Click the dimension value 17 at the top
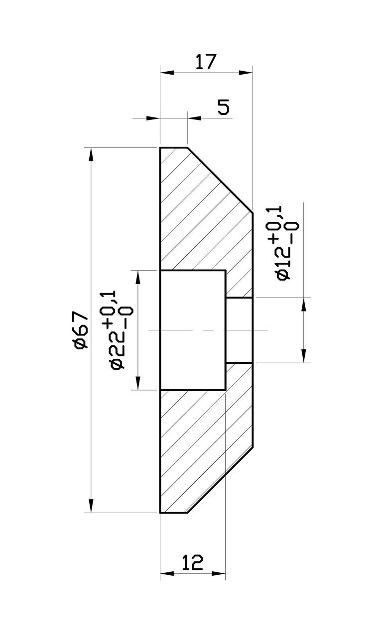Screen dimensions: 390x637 [x=206, y=62]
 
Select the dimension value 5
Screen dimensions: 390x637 [x=224, y=107]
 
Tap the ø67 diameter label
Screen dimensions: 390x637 [x=81, y=330]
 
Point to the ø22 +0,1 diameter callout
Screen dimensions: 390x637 [x=117, y=330]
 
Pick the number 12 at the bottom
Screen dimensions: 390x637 [x=193, y=563]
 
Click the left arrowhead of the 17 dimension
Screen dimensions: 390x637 [x=167, y=73]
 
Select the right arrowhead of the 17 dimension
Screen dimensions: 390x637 [x=246, y=73]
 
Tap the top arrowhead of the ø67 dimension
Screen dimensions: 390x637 [x=91, y=155]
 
